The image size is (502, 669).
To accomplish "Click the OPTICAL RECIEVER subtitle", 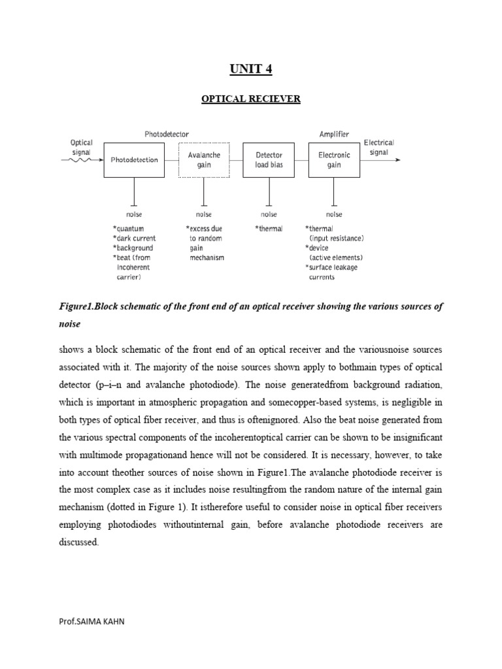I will pyautogui.click(x=250, y=99).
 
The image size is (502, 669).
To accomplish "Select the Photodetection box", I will pyautogui.click(x=134, y=160).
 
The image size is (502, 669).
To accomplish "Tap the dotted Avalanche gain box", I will pyautogui.click(x=205, y=160).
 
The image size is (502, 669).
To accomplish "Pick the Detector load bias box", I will pyautogui.click(x=269, y=160).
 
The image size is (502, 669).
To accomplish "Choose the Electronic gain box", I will pyautogui.click(x=334, y=160).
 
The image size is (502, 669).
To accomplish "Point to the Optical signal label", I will pyautogui.click(x=82, y=147).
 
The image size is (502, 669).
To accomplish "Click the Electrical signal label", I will pyautogui.click(x=378, y=147).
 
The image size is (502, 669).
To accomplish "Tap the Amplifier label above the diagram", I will pyautogui.click(x=334, y=134).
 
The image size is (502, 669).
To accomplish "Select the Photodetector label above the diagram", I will pyautogui.click(x=167, y=134).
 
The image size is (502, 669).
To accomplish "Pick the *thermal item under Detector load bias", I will pyautogui.click(x=269, y=229).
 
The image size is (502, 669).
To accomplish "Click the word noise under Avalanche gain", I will pyautogui.click(x=204, y=214).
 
